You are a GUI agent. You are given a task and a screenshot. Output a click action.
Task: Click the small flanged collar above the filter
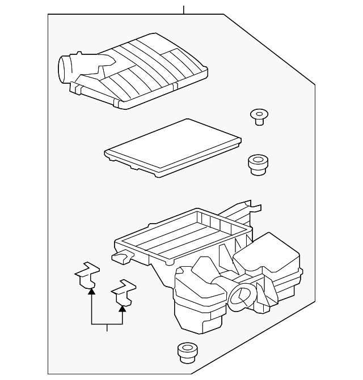259,116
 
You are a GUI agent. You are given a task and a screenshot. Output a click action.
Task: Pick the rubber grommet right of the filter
258,164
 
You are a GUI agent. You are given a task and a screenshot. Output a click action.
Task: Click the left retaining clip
87,275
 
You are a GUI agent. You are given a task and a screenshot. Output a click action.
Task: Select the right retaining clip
123,293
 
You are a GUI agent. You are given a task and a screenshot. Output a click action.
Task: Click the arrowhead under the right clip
122,308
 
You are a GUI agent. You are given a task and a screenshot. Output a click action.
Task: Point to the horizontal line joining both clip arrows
107,325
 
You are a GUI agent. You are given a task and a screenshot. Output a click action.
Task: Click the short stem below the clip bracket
107,328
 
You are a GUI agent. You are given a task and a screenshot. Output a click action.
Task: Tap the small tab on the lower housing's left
120,258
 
